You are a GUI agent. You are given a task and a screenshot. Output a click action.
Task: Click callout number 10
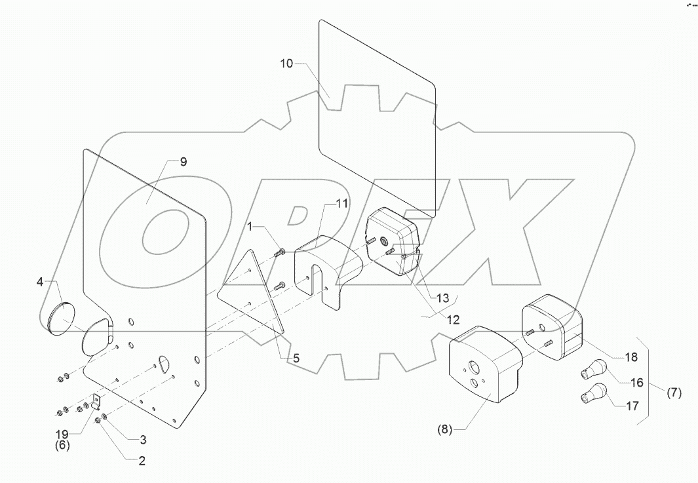point(286,64)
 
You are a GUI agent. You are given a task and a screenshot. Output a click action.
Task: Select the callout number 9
point(184,162)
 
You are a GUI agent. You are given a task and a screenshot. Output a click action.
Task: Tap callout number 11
point(342,204)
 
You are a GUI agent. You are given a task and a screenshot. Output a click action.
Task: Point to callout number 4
point(40,282)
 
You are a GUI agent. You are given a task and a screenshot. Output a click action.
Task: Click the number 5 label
point(296,358)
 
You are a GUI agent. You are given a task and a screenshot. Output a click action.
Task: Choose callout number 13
point(443,298)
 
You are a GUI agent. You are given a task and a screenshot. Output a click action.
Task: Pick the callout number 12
point(453,320)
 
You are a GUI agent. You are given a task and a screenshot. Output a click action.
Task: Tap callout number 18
point(630,357)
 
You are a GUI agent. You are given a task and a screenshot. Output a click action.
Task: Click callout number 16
point(636,383)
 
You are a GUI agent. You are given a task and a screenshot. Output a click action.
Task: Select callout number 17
point(632,406)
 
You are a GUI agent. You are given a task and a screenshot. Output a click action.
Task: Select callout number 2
point(141,461)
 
